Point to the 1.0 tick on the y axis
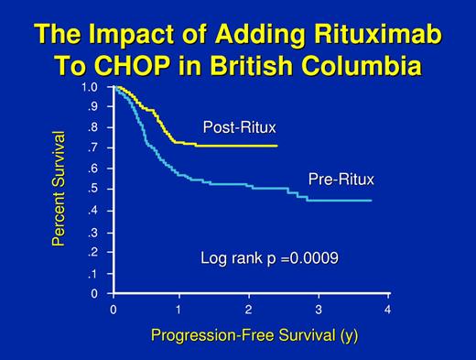(x=89, y=87)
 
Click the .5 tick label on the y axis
(x=92, y=190)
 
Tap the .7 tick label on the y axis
(x=92, y=148)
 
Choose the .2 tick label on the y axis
(x=92, y=252)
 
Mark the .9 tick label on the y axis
(x=92, y=106)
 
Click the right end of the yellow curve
(x=276, y=146)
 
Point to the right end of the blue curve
(x=371, y=200)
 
